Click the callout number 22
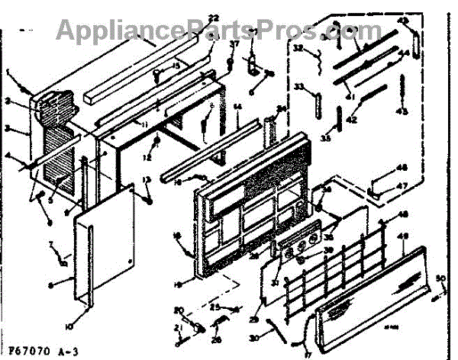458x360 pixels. tap(192, 18)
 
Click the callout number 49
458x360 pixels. tap(405, 236)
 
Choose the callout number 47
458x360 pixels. tap(402, 185)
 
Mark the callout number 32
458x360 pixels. tap(298, 48)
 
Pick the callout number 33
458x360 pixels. tap(299, 85)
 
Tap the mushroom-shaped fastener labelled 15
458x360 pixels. tap(160, 73)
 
